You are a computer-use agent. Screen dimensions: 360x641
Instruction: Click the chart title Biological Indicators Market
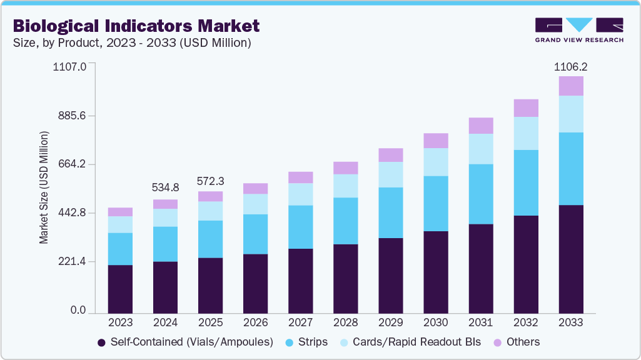(136, 26)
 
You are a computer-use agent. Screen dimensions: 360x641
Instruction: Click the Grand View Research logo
(579, 30)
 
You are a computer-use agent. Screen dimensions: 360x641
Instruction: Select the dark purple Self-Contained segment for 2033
(571, 259)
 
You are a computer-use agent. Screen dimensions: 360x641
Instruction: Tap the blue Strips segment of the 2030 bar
(436, 203)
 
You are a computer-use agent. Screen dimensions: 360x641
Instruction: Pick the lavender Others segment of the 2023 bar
(120, 212)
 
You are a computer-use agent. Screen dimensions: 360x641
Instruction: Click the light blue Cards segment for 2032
(526, 133)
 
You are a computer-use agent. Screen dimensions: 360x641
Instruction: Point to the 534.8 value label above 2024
(165, 187)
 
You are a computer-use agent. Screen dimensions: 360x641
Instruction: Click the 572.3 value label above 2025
(211, 181)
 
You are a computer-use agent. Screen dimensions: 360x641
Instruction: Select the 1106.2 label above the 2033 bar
(571, 66)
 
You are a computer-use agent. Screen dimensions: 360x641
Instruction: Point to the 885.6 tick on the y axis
(73, 116)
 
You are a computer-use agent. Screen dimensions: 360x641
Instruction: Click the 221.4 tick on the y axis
(73, 261)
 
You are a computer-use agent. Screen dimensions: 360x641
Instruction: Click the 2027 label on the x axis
(300, 322)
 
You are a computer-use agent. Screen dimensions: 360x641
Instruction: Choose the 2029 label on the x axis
(391, 322)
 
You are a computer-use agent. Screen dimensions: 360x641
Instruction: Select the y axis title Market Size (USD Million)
(44, 187)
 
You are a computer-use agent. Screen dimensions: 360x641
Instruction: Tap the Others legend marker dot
(498, 342)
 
